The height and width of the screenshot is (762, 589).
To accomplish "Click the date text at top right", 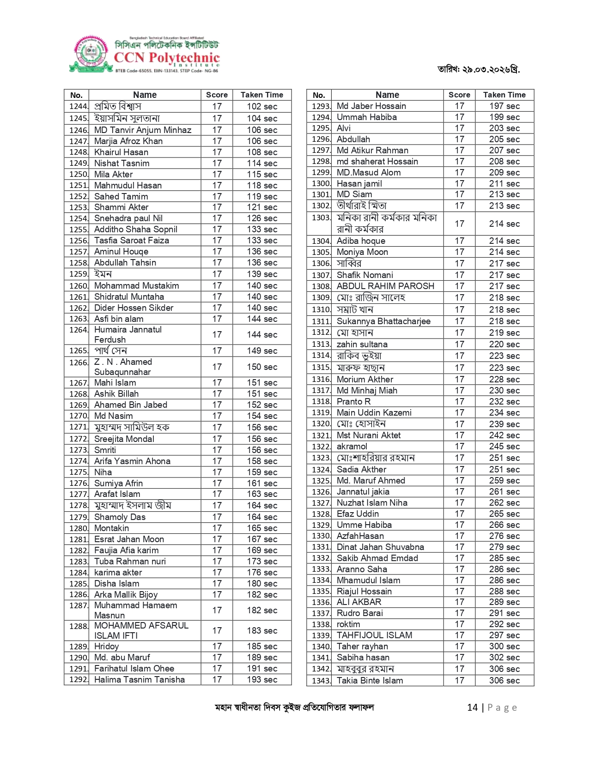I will coord(479,70).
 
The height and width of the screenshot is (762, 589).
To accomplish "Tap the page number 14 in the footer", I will coord(472,708).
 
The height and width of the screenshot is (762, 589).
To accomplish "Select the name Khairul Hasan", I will coord(121,152).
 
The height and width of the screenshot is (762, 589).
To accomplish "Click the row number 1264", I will coord(78,330).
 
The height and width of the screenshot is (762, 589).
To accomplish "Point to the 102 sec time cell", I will coord(262,107).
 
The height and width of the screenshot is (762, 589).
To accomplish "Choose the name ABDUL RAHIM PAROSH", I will coord(385,286).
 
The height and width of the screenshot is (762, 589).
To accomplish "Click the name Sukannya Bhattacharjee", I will coord(383,321).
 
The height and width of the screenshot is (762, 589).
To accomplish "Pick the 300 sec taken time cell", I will coord(504,646).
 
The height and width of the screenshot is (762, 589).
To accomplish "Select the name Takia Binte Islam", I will coord(370,680).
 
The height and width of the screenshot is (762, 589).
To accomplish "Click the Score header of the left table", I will coord(217,95).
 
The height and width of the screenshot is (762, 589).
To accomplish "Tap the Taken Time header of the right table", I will coord(504,95).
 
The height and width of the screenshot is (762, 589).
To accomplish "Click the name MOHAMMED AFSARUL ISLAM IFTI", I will coord(141,630).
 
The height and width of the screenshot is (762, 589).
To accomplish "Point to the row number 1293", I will coord(321,106).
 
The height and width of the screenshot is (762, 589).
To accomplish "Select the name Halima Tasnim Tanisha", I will coord(140,679).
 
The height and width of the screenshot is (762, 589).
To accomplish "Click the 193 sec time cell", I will coord(262,679).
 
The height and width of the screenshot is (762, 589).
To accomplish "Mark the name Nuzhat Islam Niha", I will coord(372,502).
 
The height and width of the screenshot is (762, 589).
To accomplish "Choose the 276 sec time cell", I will coord(504,536).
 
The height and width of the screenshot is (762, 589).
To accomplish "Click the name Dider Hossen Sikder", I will coord(134,308).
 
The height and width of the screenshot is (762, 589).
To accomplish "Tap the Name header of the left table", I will coord(145,95).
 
